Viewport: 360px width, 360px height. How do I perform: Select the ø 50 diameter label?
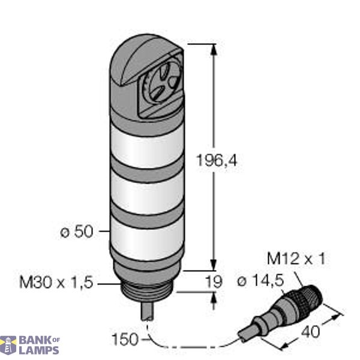click(77, 232)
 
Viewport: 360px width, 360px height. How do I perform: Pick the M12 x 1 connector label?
click(296, 259)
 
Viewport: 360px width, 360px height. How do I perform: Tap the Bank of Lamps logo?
click(30, 346)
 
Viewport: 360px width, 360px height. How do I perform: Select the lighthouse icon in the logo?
click(8, 346)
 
